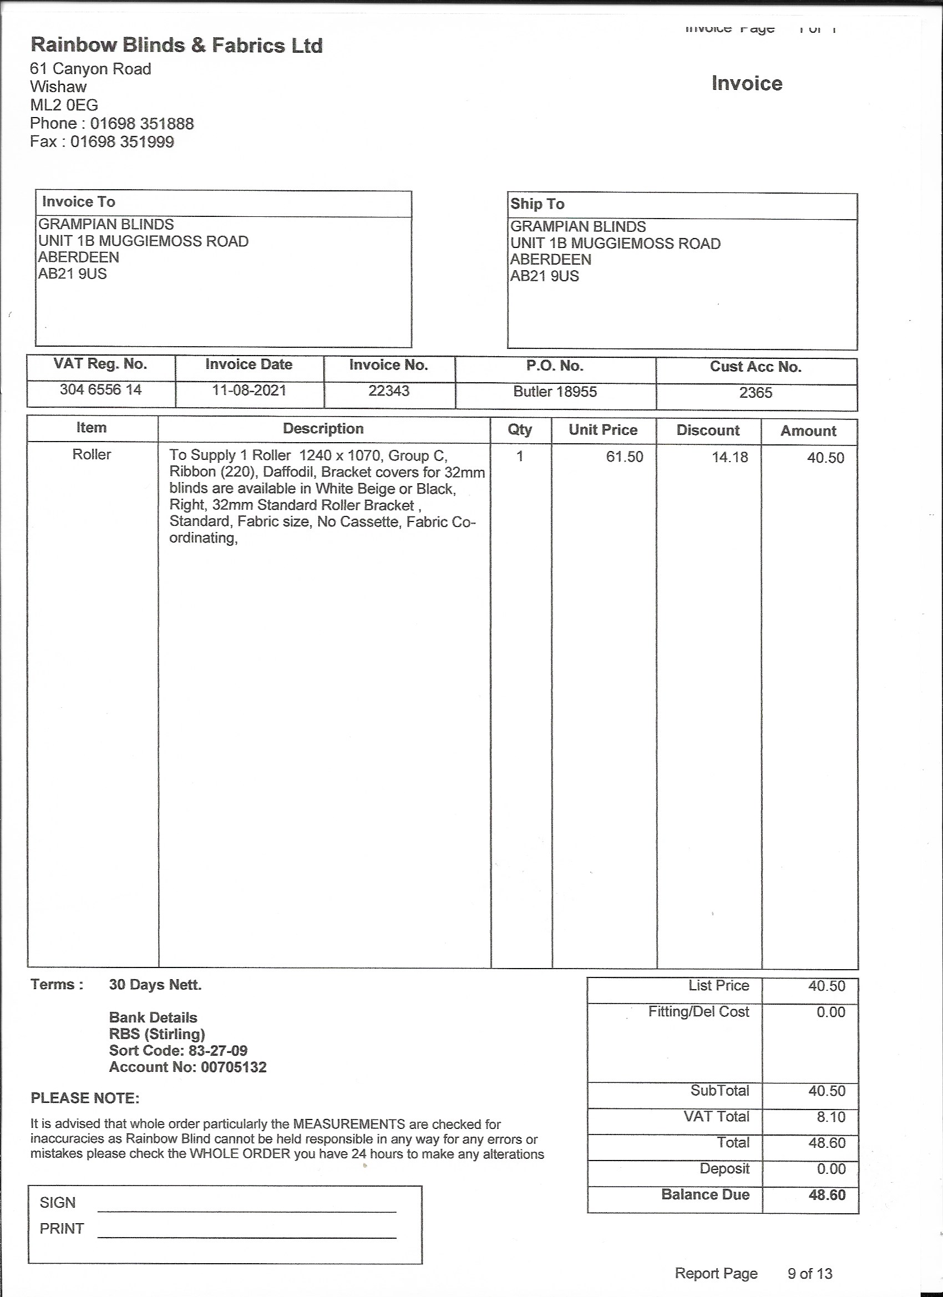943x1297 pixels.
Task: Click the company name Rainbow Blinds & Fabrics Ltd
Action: [176, 45]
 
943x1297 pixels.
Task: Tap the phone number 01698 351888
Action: [142, 124]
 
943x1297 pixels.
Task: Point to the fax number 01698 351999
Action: [122, 142]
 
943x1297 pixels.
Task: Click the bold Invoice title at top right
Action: [746, 84]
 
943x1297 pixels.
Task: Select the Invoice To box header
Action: [78, 202]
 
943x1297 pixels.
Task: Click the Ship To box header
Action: [537, 204]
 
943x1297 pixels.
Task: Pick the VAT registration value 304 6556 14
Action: [100, 390]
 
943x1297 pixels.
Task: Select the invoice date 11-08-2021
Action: [249, 391]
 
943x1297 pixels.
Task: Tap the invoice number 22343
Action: [389, 391]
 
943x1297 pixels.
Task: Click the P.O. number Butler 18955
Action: [555, 392]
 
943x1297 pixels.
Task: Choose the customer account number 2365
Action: [756, 393]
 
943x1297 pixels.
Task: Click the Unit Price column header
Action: [603, 430]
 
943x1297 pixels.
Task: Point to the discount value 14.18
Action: [729, 458]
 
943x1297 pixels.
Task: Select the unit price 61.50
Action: [625, 457]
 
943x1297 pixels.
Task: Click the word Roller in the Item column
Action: [92, 455]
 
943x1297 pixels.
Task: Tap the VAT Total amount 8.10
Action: [830, 1117]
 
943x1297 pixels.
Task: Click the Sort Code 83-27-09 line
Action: [178, 1051]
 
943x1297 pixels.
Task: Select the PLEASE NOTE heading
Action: [85, 1098]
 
